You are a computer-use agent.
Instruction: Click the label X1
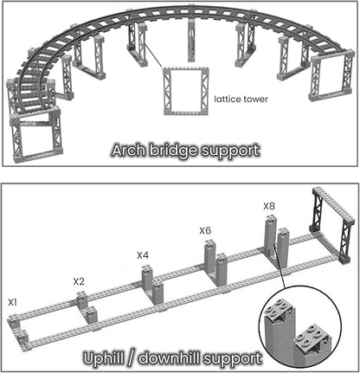tap(12, 303)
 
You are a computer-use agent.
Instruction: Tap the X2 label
tap(78, 281)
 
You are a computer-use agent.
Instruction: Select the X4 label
tap(143, 255)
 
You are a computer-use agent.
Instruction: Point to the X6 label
tap(205, 230)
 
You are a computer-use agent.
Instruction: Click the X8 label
tap(269, 206)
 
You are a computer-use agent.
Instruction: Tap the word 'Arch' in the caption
tap(130, 150)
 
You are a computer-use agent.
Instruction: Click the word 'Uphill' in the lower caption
tap(107, 357)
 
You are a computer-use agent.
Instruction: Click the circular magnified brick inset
tap(300, 328)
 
